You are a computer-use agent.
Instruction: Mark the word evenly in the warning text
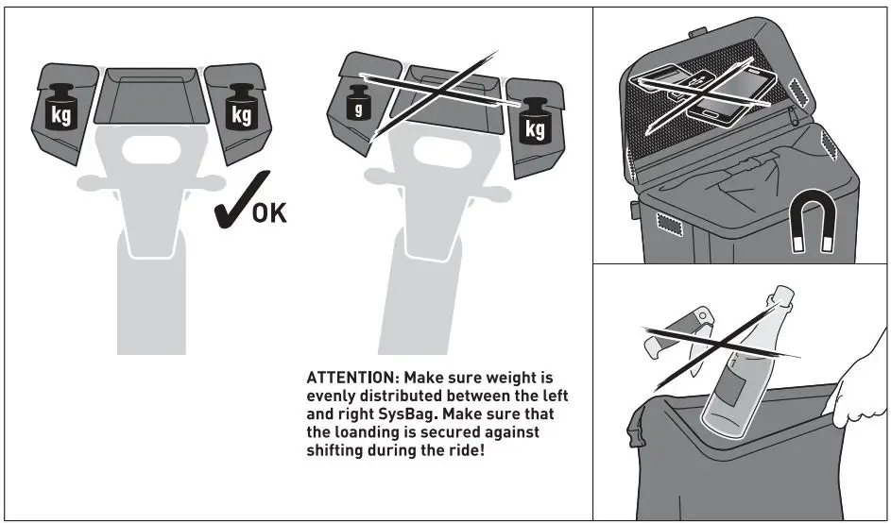pos(332,396)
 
